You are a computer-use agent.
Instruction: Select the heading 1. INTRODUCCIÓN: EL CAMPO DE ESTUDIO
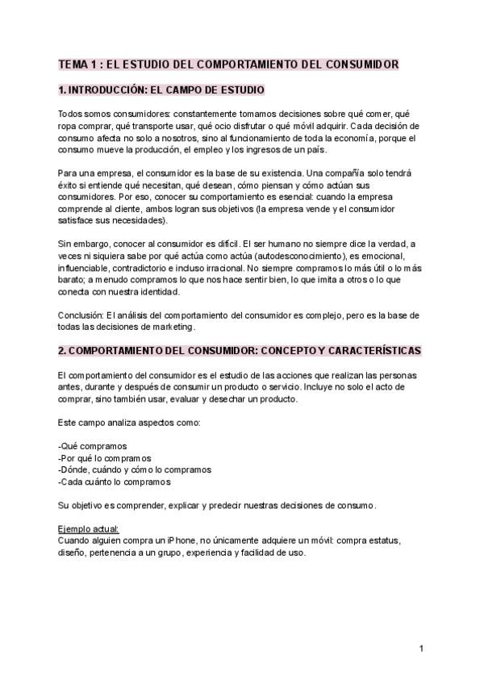[161, 90]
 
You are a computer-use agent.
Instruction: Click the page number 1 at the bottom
[421, 649]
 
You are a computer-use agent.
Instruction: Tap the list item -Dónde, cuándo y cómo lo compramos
[135, 469]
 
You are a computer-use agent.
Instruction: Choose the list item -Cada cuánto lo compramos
[114, 482]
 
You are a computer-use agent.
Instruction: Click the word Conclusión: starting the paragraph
[81, 315]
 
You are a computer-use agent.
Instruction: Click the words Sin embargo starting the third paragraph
[84, 244]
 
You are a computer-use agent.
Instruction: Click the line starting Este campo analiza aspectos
[122, 423]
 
